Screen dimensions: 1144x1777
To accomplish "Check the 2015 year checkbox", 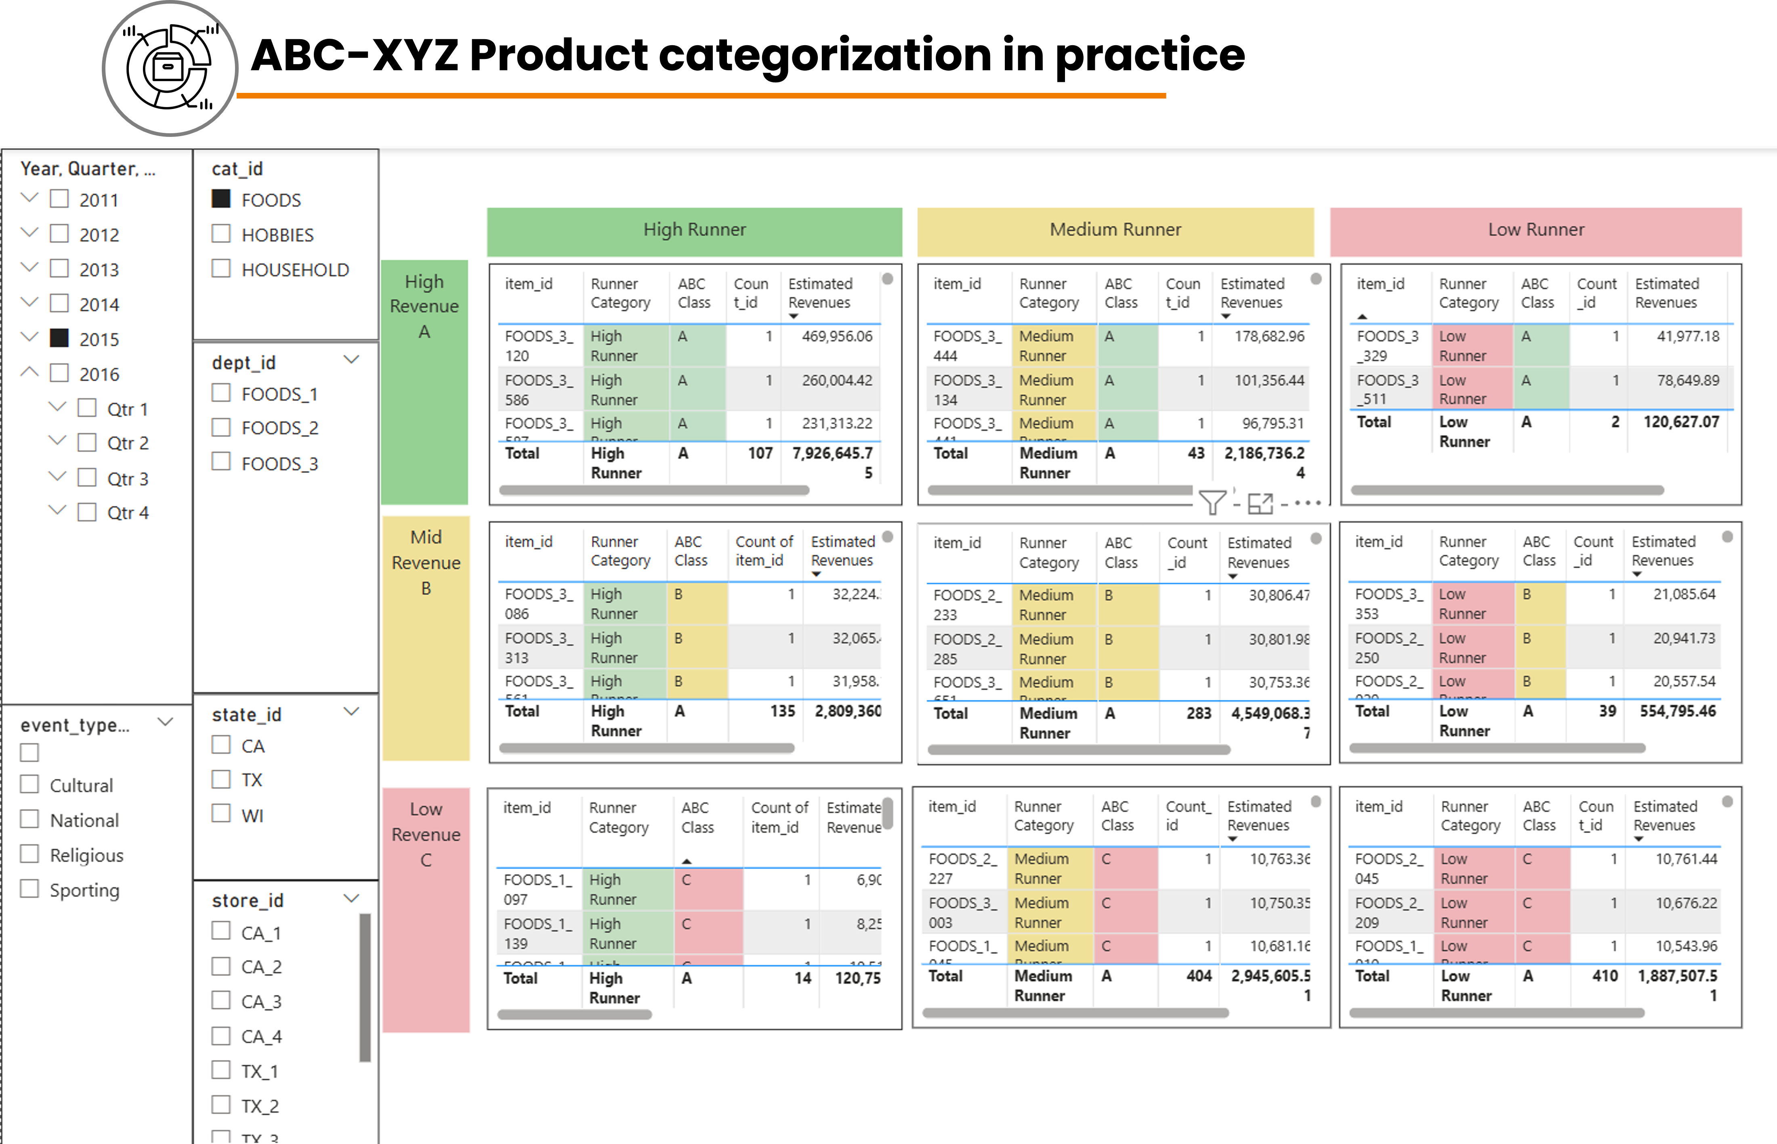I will pyautogui.click(x=59, y=339).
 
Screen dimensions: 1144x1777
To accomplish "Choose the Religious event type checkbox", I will pyautogui.click(x=30, y=854).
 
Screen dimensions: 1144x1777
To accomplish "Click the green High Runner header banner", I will pyautogui.click(x=694, y=230).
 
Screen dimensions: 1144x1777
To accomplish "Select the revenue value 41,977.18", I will pyautogui.click(x=1687, y=336).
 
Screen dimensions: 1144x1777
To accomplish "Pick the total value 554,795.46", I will pyautogui.click(x=1678, y=711).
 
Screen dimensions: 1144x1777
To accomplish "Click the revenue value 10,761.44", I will pyautogui.click(x=1686, y=859).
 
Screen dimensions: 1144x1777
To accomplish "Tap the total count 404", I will pyautogui.click(x=1198, y=975).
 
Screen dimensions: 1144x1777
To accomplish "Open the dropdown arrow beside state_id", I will pyautogui.click(x=351, y=712).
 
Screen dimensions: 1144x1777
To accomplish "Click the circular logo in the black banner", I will pyautogui.click(x=170, y=68).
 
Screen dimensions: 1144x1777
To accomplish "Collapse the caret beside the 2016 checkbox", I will pyautogui.click(x=30, y=372).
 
